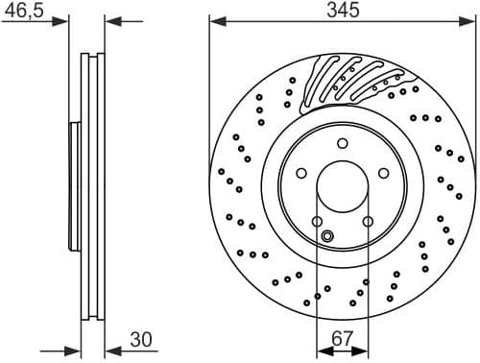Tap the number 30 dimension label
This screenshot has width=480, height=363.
point(142,339)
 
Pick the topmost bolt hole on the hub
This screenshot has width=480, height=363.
point(342,143)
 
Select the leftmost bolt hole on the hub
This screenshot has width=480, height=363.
point(301,174)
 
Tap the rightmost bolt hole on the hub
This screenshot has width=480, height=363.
point(383,174)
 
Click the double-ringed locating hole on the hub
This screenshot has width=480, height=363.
point(326,237)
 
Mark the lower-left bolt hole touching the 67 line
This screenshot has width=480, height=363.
point(317,223)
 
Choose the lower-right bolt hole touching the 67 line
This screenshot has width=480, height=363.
point(368,223)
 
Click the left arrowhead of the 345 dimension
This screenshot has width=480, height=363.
point(214,21)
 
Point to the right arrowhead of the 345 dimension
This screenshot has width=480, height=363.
point(470,21)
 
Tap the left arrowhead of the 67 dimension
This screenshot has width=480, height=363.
point(321,350)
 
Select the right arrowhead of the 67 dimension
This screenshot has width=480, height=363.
point(364,350)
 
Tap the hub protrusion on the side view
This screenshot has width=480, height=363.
point(73,182)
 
